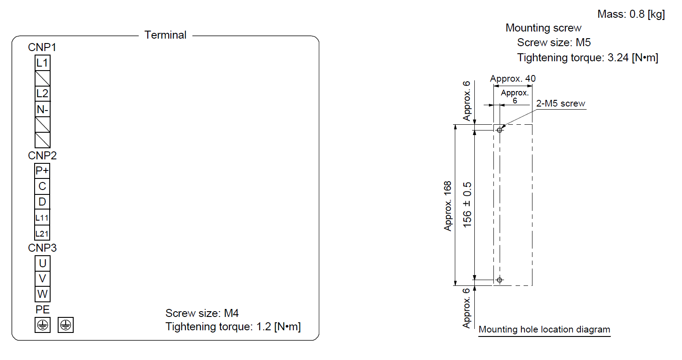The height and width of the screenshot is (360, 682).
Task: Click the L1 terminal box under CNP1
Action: [x=42, y=63]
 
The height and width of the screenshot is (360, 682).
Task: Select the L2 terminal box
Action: [x=42, y=94]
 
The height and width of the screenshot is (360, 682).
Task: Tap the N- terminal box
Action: [x=42, y=109]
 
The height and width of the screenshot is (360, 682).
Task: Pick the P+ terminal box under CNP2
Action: [x=42, y=170]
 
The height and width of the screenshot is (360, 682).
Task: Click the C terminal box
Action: [x=42, y=186]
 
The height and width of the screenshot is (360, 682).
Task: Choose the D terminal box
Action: [x=42, y=202]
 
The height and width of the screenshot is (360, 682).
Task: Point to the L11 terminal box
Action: [x=42, y=218]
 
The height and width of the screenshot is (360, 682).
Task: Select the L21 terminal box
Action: [x=42, y=233]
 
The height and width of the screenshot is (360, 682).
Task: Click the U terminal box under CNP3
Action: [x=42, y=263]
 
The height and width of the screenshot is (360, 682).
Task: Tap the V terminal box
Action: [x=42, y=279]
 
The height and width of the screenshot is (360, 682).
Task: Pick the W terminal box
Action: [x=42, y=294]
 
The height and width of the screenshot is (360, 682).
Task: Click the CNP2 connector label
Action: [x=42, y=156]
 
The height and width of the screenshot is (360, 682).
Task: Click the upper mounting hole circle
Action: [x=499, y=131]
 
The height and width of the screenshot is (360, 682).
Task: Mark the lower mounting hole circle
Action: [x=499, y=280]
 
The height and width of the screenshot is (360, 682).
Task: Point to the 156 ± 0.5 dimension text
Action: [x=467, y=205]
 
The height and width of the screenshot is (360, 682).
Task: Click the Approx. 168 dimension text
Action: [x=448, y=206]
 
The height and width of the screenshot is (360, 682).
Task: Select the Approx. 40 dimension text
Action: [x=512, y=79]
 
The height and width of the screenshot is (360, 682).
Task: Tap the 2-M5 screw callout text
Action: [x=560, y=103]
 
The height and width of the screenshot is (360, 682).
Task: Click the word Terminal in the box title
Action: [x=166, y=35]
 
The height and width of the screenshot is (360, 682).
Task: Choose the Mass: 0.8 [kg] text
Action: [x=631, y=14]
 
